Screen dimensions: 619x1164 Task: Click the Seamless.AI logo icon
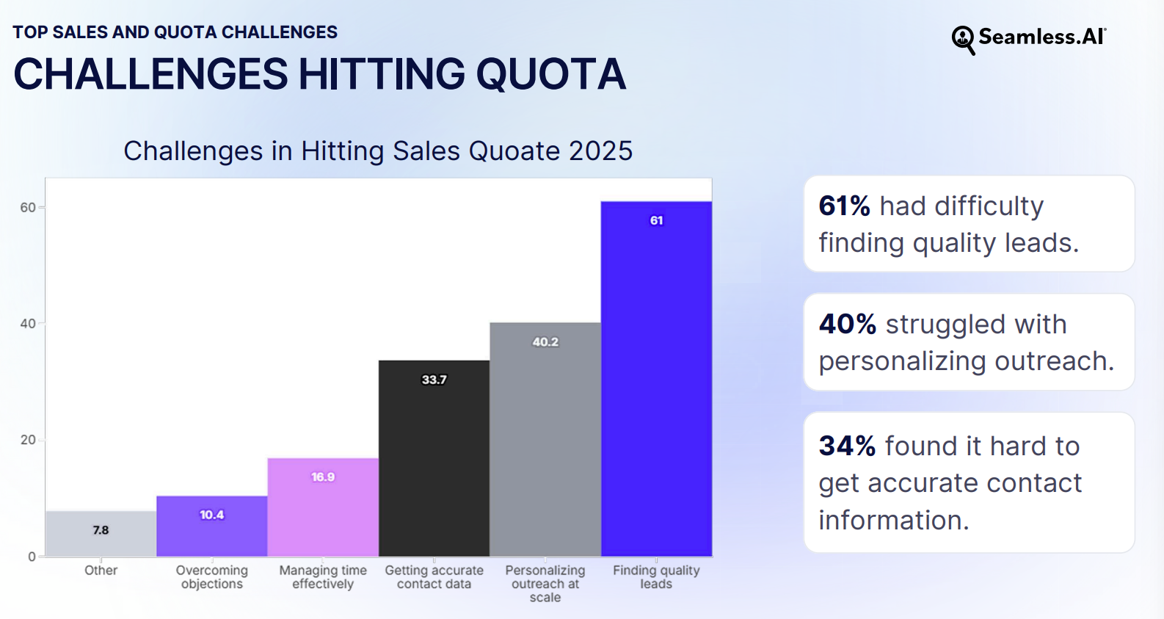click(963, 40)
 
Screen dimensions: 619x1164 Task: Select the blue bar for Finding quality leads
click(656, 382)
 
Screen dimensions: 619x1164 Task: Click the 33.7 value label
click(434, 380)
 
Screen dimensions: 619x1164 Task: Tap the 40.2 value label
click(545, 342)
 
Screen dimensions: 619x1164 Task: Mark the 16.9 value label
click(323, 477)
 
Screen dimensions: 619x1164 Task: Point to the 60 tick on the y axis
click(28, 208)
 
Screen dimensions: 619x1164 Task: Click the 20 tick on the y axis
click(28, 440)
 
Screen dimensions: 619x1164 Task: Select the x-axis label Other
click(101, 571)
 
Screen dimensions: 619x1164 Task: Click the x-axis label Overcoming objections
click(211, 577)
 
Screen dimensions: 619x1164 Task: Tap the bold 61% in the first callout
click(844, 206)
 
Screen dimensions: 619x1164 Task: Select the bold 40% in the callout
click(847, 325)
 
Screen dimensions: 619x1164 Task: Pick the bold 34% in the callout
click(847, 446)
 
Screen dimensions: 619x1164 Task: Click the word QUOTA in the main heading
click(550, 75)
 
